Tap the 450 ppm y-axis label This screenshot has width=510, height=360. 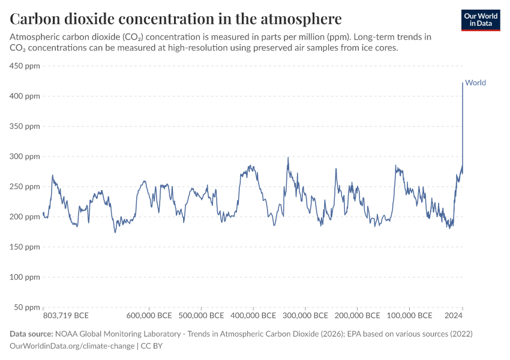[x=25, y=66]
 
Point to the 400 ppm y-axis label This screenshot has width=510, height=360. [x=25, y=96]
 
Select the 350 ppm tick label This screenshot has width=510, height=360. [x=25, y=127]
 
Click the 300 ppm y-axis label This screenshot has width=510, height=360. [x=25, y=157]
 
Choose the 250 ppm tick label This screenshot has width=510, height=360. [x=25, y=187]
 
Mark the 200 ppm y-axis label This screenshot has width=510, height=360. [x=25, y=217]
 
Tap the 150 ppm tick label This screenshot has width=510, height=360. [x=25, y=247]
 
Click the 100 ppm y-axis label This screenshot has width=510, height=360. [x=25, y=277]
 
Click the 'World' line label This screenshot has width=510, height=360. [x=475, y=83]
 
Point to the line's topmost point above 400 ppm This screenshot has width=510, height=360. [x=462, y=83]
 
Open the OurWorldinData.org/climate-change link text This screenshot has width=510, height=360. [x=72, y=346]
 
